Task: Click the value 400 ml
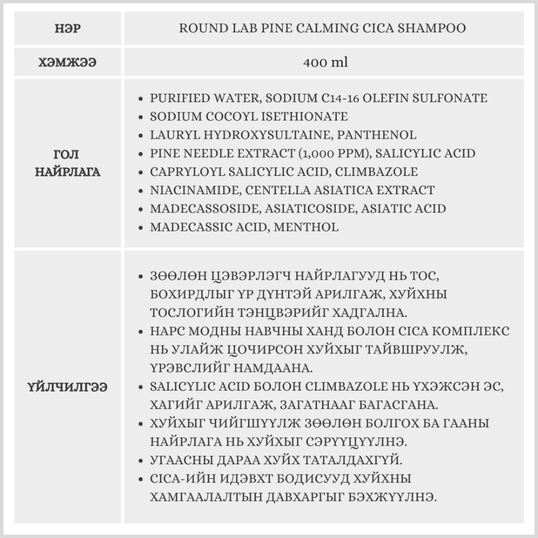coord(325,62)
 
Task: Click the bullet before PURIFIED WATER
coord(141,98)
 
